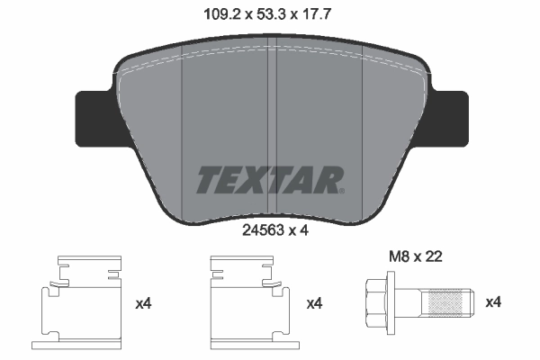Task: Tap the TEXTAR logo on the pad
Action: click(x=268, y=178)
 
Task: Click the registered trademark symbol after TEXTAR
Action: click(x=341, y=189)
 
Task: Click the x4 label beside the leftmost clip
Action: click(x=143, y=304)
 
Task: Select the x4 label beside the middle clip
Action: click(x=314, y=304)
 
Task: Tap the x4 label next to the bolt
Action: click(x=493, y=304)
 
